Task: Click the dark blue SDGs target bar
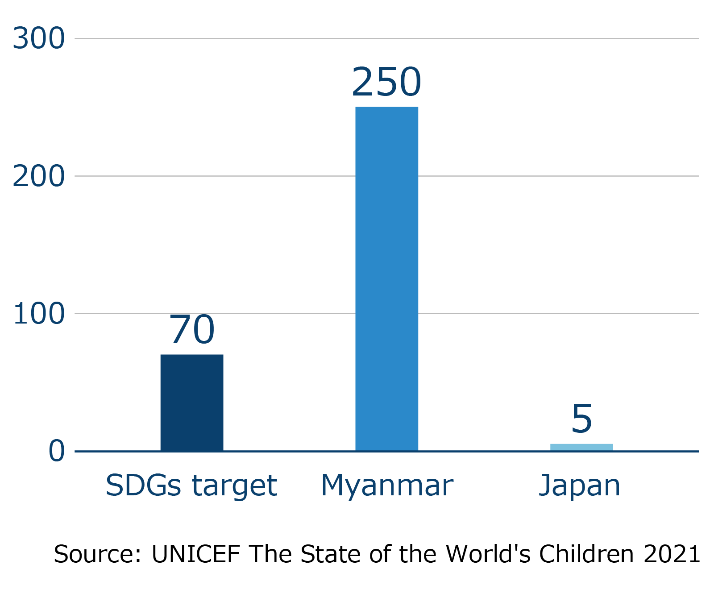[192, 403]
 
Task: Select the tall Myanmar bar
[386, 279]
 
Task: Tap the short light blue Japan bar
[581, 447]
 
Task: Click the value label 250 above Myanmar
[386, 82]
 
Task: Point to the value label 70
[192, 330]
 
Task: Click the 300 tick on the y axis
[39, 38]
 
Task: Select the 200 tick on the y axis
[39, 176]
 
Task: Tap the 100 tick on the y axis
[39, 314]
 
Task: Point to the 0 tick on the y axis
[57, 451]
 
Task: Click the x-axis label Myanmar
[387, 486]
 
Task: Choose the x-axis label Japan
[580, 486]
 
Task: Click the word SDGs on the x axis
[143, 485]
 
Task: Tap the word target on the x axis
[234, 486]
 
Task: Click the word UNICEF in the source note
[196, 554]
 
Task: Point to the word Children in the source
[586, 554]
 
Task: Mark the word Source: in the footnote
[98, 554]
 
